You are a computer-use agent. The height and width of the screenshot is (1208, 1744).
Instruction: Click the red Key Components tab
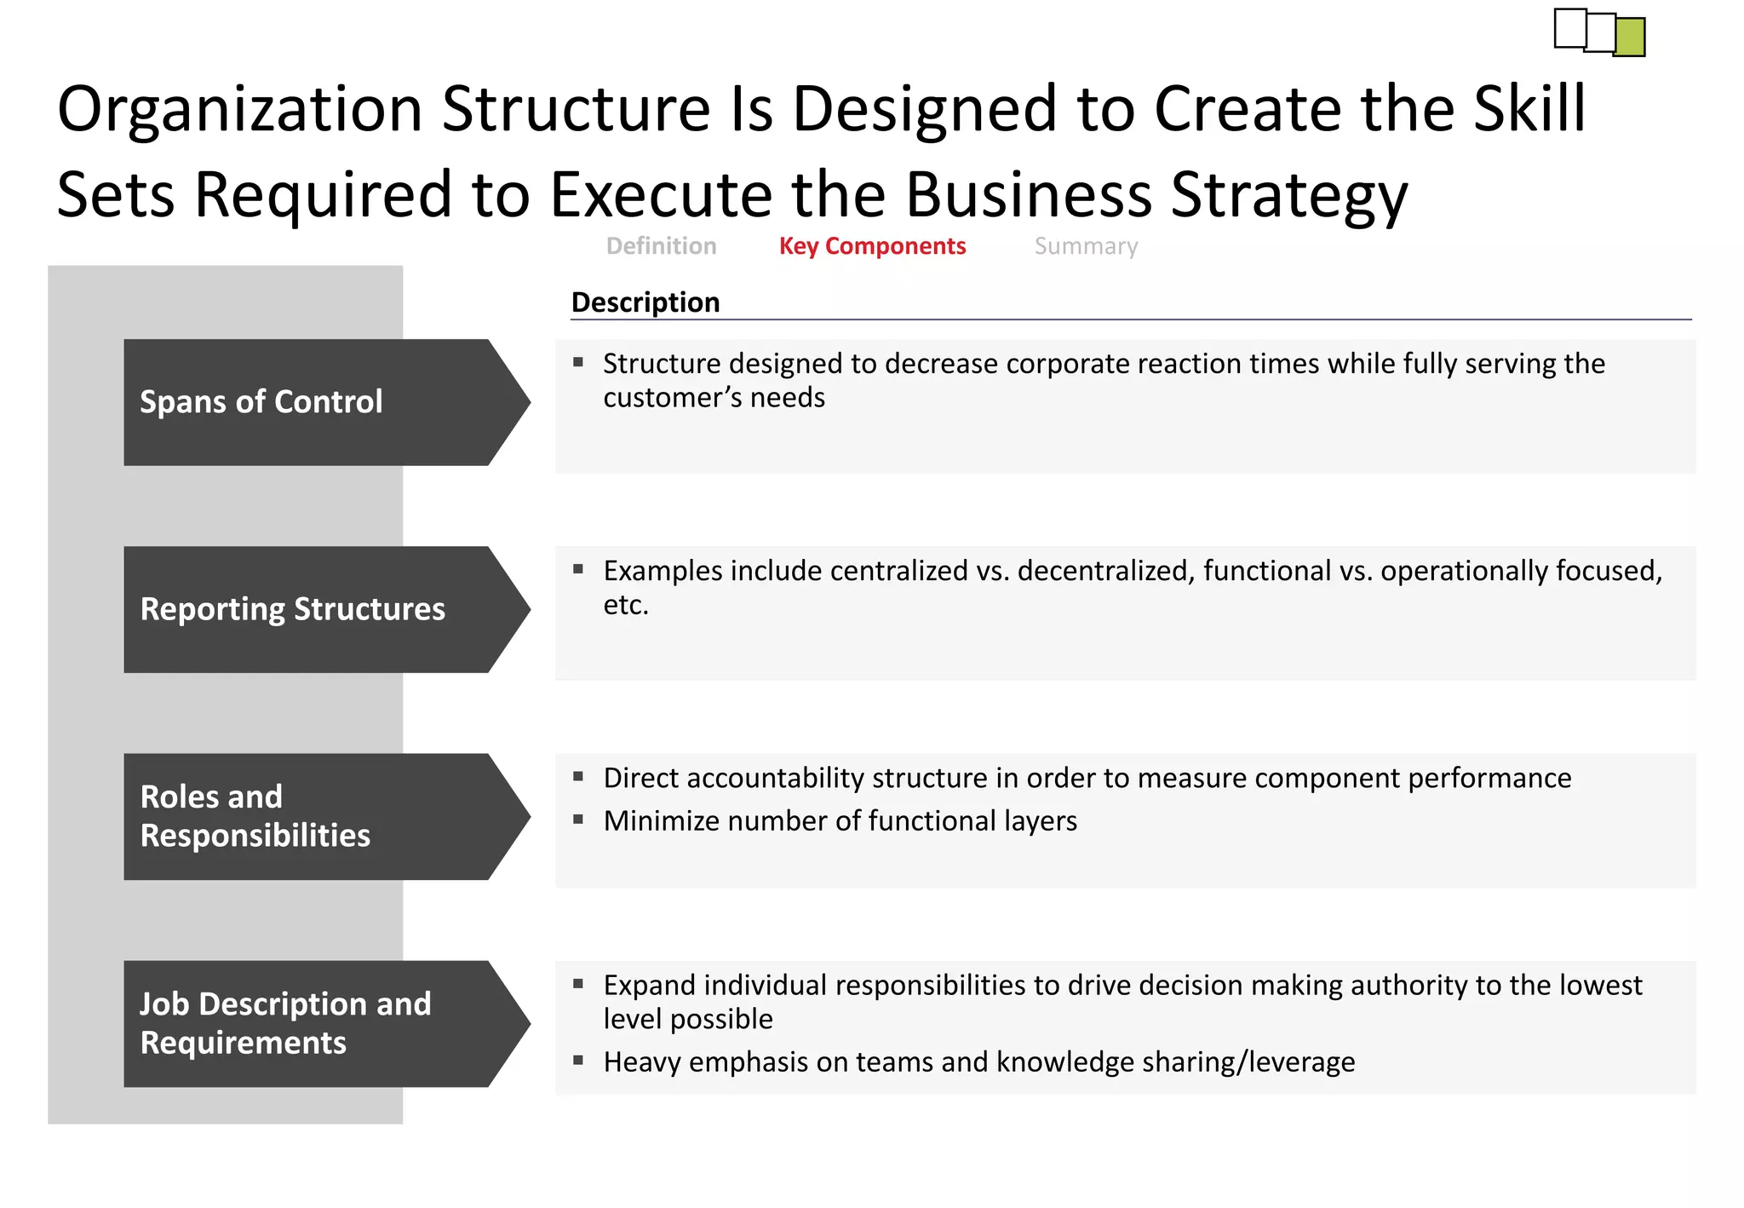[x=872, y=246]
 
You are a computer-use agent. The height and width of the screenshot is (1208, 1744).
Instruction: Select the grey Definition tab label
[x=661, y=246]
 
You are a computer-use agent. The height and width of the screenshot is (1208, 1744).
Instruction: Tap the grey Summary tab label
[x=1086, y=246]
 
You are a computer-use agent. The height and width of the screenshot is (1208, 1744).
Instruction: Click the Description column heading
[x=645, y=302]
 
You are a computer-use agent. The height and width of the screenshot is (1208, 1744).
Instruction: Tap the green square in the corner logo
[x=1630, y=37]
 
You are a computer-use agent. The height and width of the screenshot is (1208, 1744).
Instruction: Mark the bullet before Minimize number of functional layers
[x=578, y=820]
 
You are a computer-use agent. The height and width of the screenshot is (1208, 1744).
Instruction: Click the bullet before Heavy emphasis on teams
[x=578, y=1061]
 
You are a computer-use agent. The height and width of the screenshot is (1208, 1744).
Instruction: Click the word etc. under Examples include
[x=626, y=605]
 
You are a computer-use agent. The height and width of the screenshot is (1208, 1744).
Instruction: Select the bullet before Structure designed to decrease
[x=578, y=362]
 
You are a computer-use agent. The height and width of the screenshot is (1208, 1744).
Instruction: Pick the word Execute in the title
[x=661, y=195]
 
